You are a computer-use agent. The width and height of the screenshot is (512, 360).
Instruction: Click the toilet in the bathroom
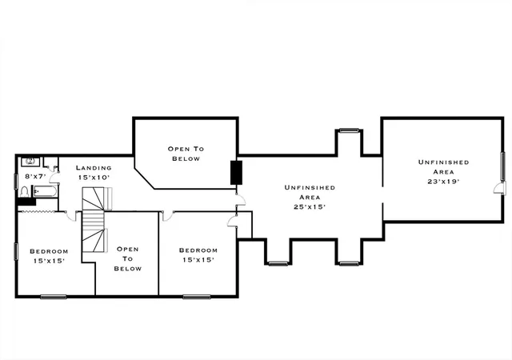click(24, 192)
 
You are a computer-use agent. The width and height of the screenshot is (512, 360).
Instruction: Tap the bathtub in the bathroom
click(45, 191)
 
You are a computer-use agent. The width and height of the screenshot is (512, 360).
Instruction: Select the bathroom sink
click(30, 162)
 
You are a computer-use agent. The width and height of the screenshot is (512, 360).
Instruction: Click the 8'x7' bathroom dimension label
click(35, 177)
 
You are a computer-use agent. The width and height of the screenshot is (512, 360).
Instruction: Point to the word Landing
click(94, 167)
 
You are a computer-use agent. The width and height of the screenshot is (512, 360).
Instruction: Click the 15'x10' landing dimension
click(94, 178)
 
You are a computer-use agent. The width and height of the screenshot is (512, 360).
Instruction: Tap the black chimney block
click(237, 173)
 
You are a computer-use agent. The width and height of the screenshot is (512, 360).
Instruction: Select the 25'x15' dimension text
click(310, 206)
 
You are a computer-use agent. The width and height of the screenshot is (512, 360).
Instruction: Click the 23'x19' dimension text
click(443, 182)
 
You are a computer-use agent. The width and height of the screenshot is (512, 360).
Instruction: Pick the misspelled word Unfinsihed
click(310, 187)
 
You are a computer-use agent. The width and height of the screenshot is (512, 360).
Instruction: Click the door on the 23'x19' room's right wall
click(499, 188)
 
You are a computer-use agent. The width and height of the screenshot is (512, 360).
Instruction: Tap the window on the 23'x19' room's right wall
click(503, 166)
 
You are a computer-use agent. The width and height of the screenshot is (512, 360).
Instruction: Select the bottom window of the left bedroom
click(54, 297)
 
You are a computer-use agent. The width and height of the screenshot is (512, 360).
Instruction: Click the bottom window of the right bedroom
click(197, 297)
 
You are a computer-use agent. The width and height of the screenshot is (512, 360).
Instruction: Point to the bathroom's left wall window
click(16, 182)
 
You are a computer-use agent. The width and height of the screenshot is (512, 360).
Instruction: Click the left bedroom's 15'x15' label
click(49, 261)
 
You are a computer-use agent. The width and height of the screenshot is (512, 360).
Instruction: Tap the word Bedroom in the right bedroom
click(198, 250)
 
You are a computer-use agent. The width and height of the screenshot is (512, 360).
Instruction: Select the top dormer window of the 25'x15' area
click(349, 130)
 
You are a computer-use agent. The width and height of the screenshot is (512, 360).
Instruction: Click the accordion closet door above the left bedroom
click(36, 212)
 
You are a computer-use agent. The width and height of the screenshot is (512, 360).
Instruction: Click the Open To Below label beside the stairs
click(128, 258)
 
